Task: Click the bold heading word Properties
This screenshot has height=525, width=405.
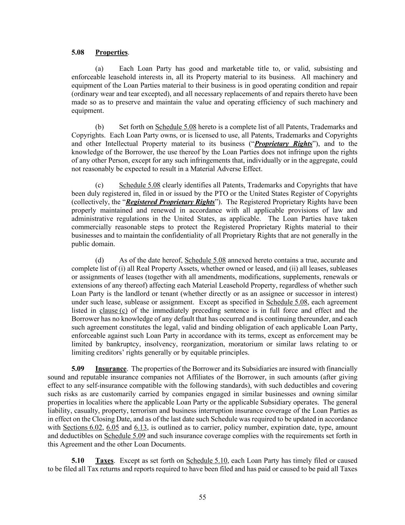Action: (x=111, y=52)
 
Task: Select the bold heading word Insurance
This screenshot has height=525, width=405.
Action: (x=111, y=369)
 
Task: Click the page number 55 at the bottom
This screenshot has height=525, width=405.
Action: (x=202, y=497)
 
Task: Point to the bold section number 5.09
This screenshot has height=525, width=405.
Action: (x=78, y=369)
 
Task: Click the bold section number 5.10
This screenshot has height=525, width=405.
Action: (x=78, y=461)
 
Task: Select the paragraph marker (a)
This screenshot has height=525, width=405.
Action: (x=99, y=69)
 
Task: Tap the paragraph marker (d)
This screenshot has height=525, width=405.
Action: (x=99, y=260)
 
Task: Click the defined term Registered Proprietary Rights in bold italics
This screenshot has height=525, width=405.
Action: (x=170, y=202)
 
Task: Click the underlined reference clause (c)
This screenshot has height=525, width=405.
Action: (x=113, y=311)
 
